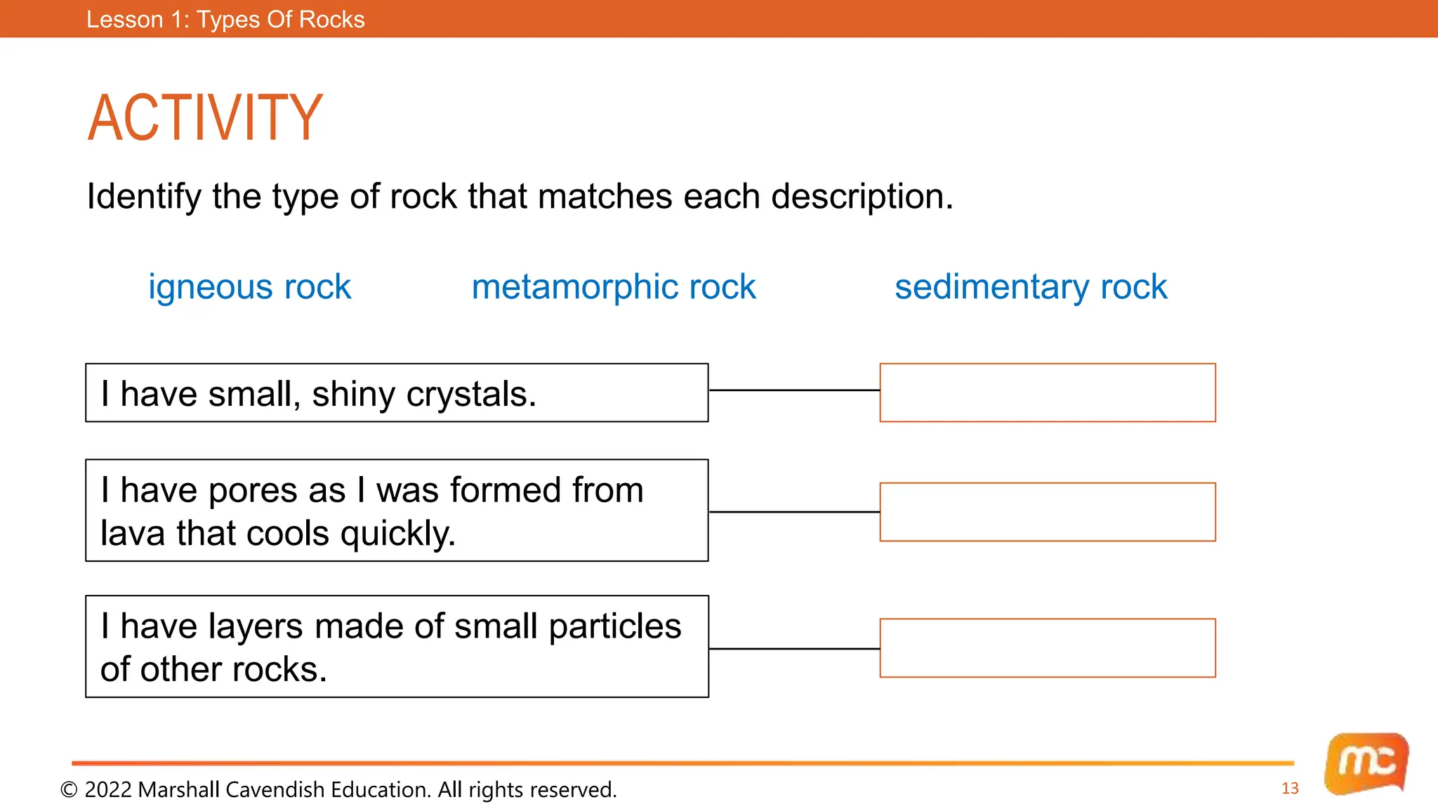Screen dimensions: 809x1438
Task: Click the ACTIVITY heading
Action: click(x=204, y=118)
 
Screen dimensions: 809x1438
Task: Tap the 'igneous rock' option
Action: click(x=249, y=287)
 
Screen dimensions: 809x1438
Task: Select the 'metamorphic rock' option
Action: click(x=614, y=287)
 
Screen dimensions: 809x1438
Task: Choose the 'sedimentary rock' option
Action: click(x=1030, y=287)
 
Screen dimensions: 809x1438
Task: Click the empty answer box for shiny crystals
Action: click(x=1047, y=393)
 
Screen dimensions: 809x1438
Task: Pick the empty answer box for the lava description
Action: click(x=1047, y=512)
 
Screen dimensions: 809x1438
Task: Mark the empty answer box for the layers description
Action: click(x=1047, y=647)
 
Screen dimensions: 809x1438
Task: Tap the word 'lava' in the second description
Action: click(x=133, y=533)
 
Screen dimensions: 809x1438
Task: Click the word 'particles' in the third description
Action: click(x=614, y=626)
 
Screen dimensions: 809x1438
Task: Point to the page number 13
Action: click(x=1290, y=788)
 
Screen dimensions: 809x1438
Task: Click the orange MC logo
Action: click(x=1366, y=763)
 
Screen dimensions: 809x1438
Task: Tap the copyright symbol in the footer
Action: click(x=69, y=790)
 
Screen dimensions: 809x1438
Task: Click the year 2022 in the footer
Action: click(x=108, y=790)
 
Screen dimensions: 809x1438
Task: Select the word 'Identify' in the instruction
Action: click(x=144, y=197)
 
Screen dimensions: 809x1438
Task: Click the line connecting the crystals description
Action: click(x=794, y=390)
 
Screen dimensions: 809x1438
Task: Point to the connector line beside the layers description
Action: click(x=794, y=649)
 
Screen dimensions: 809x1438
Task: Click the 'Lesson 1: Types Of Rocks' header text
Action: click(x=225, y=19)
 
